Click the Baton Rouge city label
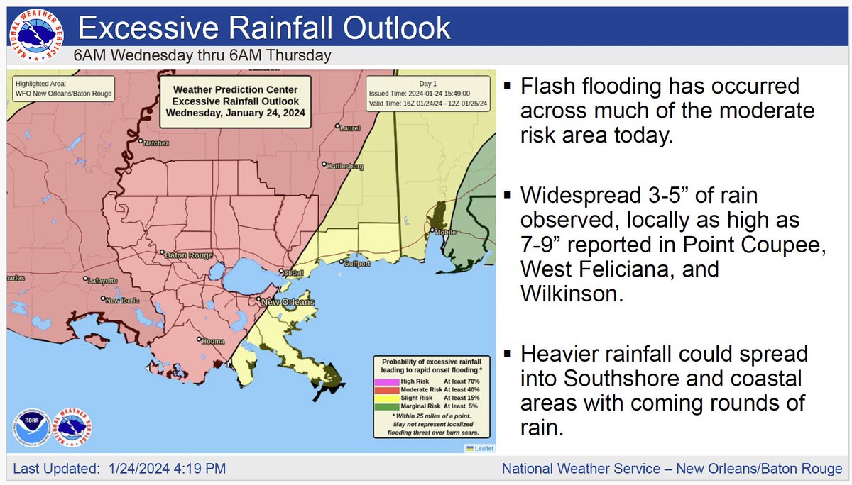[x=188, y=254]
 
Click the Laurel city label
[x=351, y=128]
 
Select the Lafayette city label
[x=103, y=281]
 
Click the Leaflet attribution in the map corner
[x=480, y=447]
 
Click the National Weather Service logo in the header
[x=35, y=35]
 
